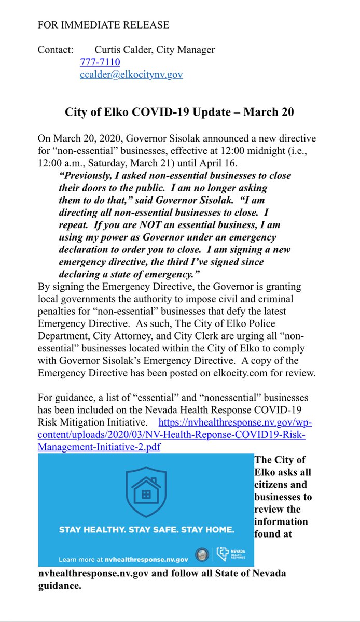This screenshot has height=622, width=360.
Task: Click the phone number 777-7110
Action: click(100, 62)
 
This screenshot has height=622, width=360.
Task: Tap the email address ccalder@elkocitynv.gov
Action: click(131, 75)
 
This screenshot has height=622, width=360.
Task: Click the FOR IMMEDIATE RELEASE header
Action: click(103, 25)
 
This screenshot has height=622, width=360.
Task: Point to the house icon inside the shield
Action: click(145, 490)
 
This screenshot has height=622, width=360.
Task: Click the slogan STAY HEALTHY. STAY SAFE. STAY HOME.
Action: click(146, 530)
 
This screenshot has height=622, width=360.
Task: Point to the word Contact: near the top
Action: click(55, 50)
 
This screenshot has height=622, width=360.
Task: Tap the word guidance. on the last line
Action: click(59, 586)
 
